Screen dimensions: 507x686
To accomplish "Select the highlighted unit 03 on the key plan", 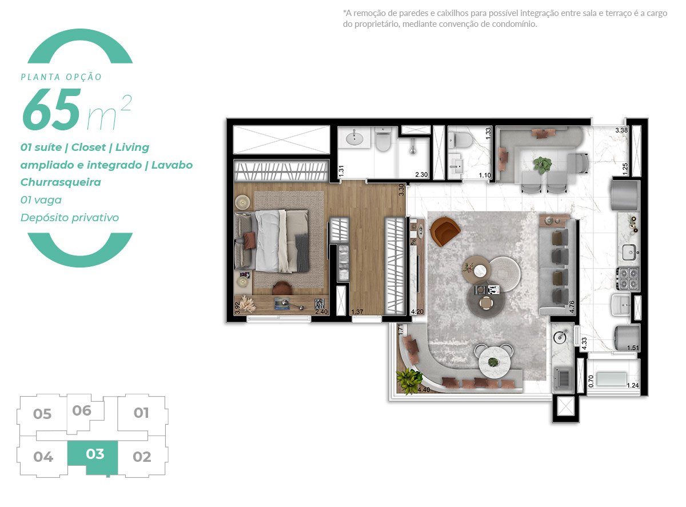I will (x=95, y=454).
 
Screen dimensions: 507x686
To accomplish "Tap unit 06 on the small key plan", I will (x=82, y=410).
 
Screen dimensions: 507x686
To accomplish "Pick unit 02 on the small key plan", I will (x=142, y=457).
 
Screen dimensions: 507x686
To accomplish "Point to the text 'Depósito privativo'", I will (x=70, y=218).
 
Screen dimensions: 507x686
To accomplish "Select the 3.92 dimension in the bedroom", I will (x=237, y=309).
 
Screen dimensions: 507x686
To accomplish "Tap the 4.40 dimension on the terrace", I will (x=424, y=390).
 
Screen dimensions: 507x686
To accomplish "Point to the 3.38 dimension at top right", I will (x=621, y=130).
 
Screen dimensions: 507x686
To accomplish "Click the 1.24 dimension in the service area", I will (x=633, y=385).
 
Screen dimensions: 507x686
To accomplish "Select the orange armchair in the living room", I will (x=444, y=232).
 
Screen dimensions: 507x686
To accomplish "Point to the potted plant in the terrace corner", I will (x=409, y=380).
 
